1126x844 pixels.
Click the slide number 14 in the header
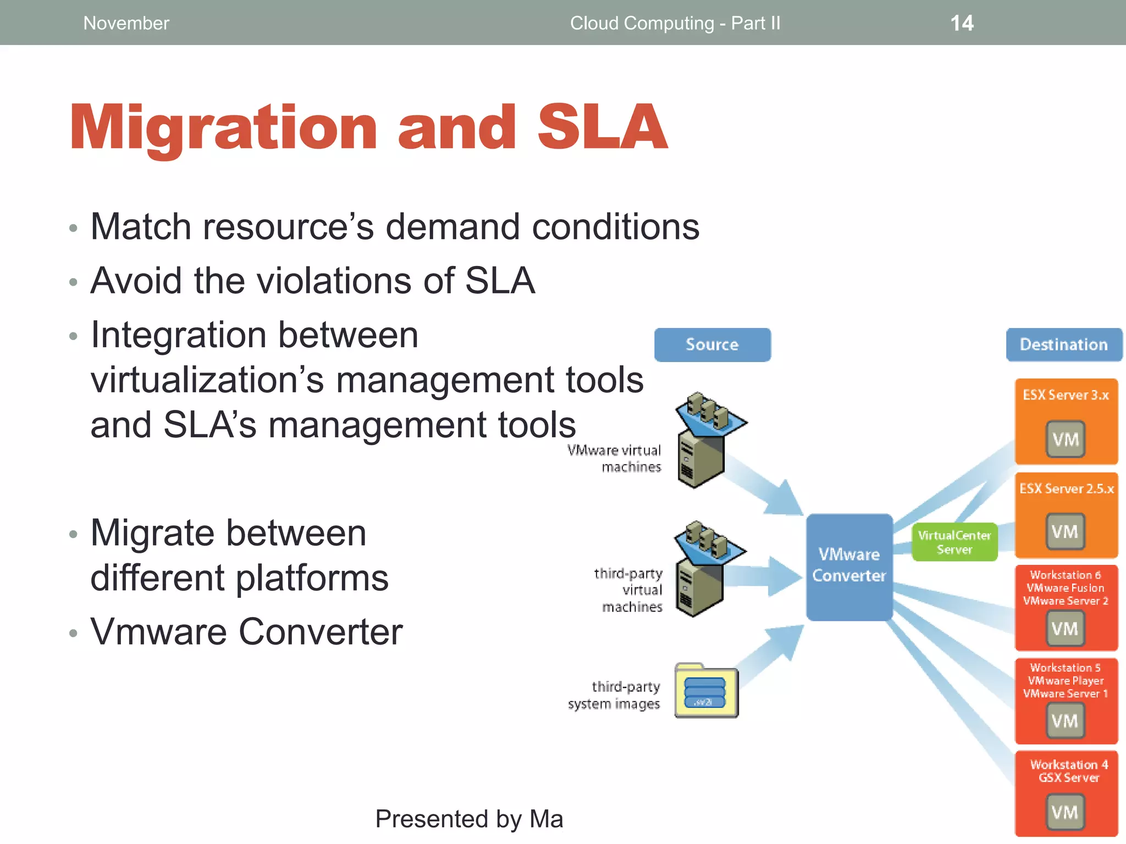tap(962, 23)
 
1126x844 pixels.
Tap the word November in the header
tap(126, 23)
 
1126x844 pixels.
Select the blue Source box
tap(712, 345)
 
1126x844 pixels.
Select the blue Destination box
tap(1063, 345)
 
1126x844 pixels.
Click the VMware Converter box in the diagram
tap(849, 566)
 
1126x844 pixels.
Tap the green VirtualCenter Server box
tap(954, 542)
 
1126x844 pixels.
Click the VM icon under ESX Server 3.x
tap(1065, 439)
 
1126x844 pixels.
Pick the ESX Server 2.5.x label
tap(1066, 488)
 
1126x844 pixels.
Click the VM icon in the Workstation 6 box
tap(1064, 628)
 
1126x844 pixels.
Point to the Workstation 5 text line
tap(1065, 668)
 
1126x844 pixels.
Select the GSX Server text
tap(1068, 778)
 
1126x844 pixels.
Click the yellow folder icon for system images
tap(706, 691)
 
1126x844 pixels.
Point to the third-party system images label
tap(614, 695)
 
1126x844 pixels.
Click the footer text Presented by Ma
tap(469, 819)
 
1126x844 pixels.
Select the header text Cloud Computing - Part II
tap(675, 23)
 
